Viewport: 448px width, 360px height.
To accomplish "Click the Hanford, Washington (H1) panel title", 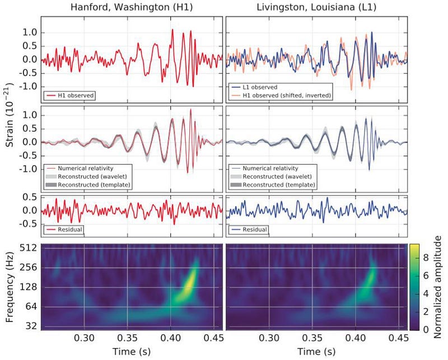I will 132,7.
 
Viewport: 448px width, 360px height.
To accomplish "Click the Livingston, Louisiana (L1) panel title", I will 316,7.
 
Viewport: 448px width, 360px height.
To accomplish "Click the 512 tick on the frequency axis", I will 30,247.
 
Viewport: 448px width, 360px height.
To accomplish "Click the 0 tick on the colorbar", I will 426,330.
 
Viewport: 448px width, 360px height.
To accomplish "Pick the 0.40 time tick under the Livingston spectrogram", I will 355,338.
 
